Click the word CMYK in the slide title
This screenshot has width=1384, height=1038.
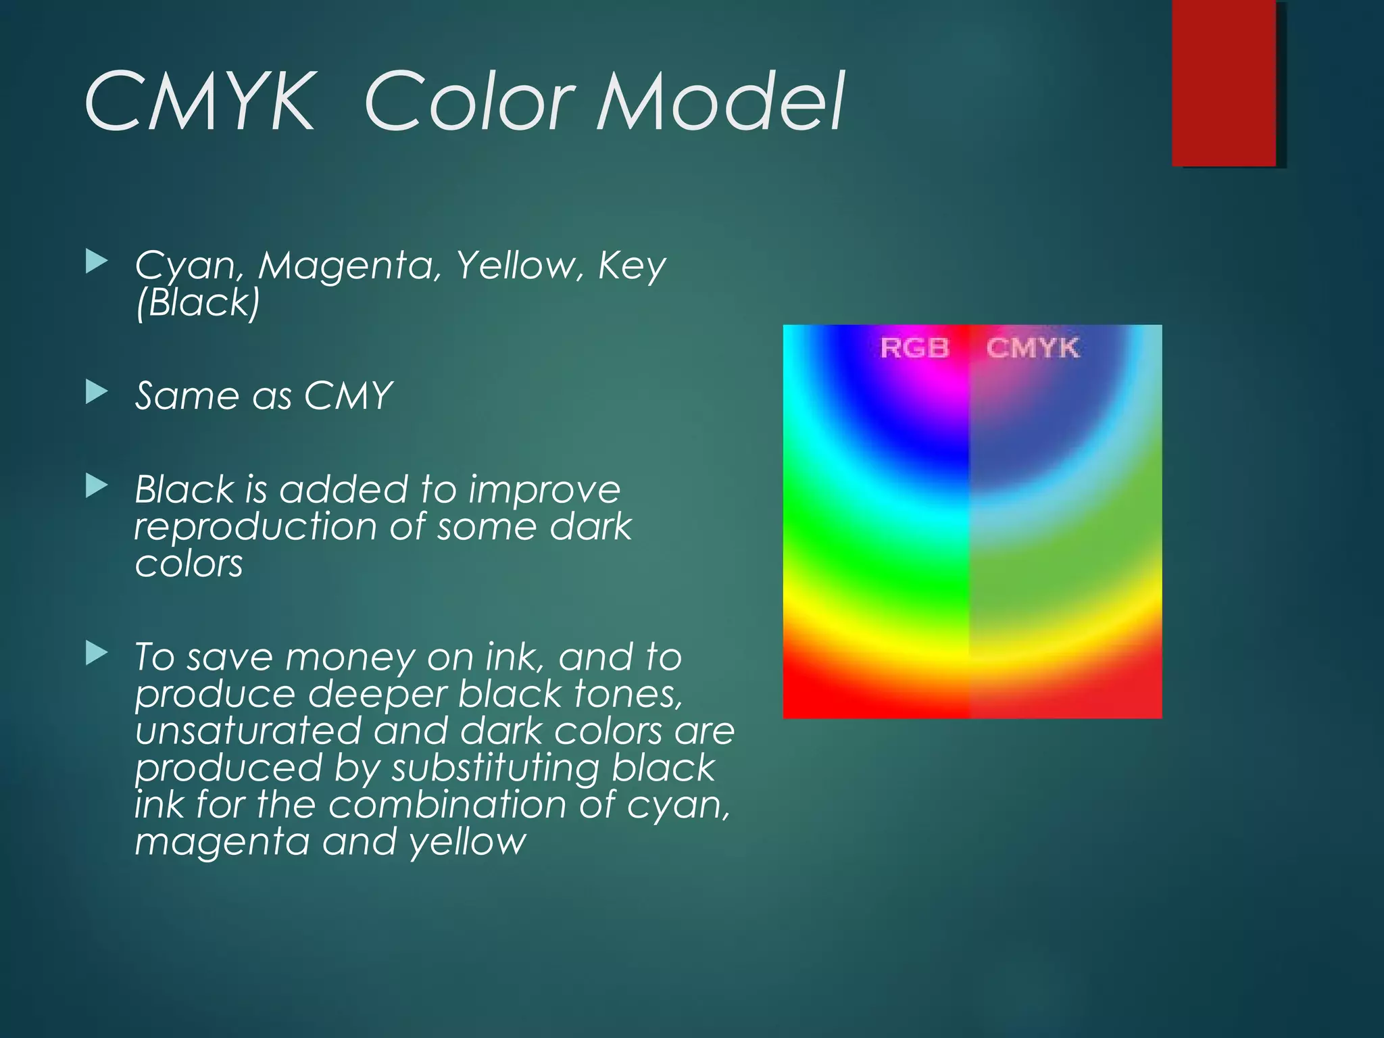200,102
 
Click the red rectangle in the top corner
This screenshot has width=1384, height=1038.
1224,82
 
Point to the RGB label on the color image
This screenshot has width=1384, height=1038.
914,348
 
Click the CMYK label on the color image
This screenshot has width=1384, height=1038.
1033,348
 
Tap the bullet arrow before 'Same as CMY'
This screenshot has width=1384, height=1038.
97,392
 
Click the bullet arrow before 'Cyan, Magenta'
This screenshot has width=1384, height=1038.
97,262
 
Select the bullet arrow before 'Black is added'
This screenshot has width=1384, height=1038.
97,486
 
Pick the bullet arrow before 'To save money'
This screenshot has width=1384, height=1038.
97,653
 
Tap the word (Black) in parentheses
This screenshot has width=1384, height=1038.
197,302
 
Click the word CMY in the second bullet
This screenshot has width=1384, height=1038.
348,395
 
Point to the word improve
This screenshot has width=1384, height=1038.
544,490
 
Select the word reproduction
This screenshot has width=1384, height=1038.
255,526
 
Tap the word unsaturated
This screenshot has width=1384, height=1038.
248,731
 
